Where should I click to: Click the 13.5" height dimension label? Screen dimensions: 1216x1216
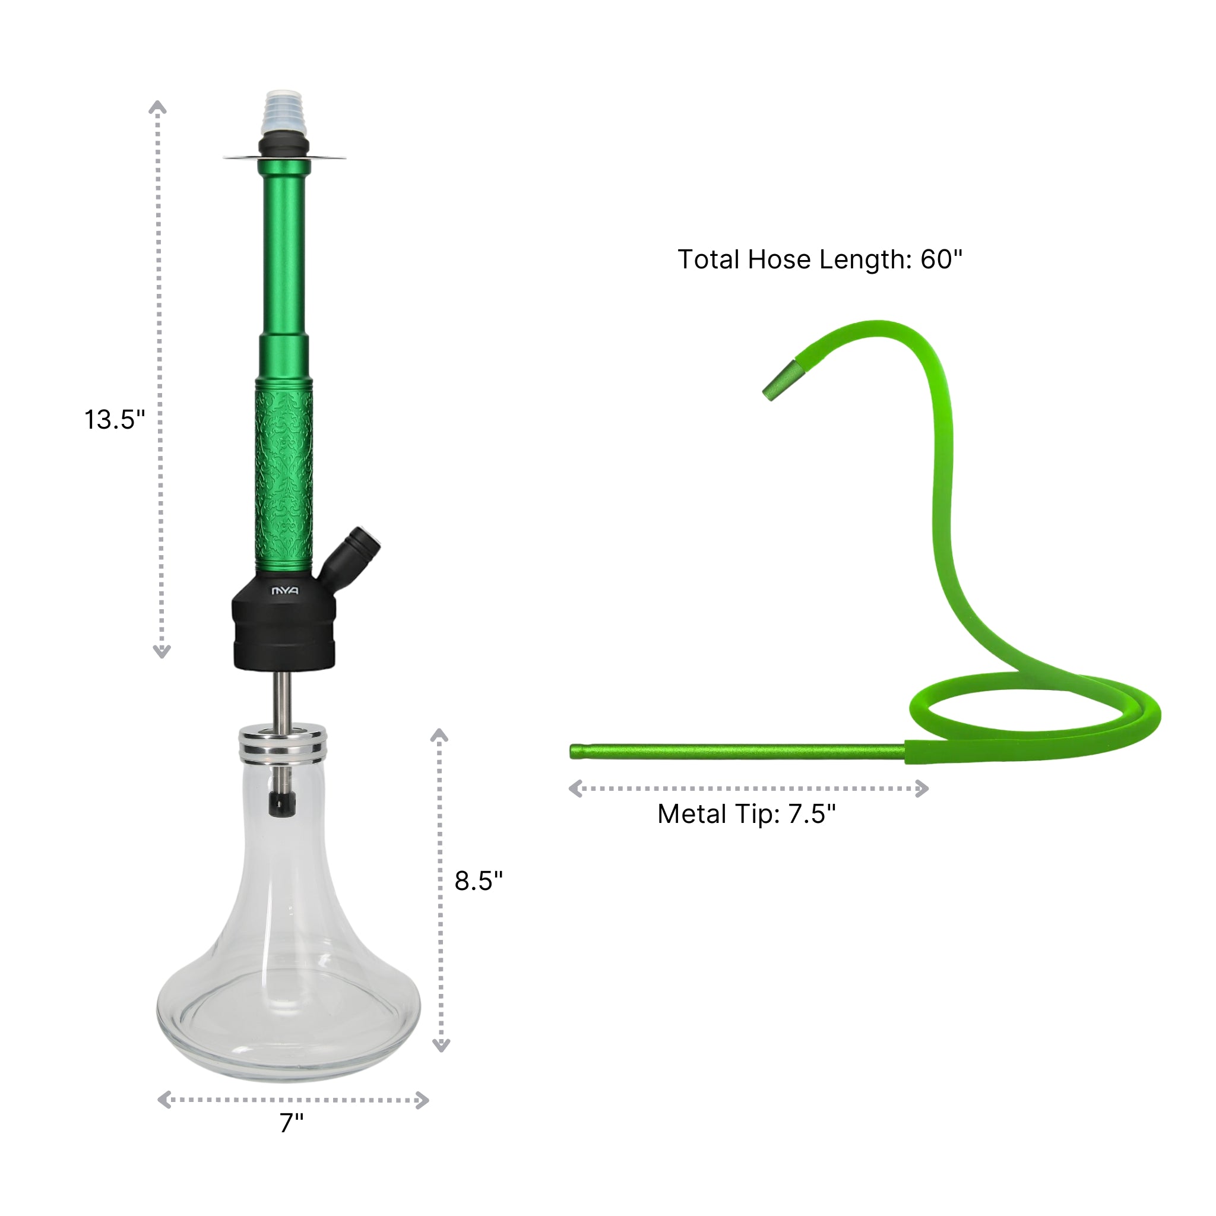click(115, 420)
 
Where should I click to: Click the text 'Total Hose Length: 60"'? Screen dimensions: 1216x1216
click(819, 259)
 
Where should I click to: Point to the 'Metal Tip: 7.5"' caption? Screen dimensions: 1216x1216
click(746, 814)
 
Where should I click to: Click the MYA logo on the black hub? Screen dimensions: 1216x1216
click(284, 591)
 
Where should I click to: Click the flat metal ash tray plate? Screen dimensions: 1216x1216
click(284, 157)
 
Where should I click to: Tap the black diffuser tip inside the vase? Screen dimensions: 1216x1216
click(282, 804)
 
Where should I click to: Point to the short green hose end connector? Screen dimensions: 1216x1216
click(784, 381)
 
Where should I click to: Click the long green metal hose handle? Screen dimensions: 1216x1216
click(736, 752)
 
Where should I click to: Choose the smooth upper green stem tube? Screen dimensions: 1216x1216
click(284, 252)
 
